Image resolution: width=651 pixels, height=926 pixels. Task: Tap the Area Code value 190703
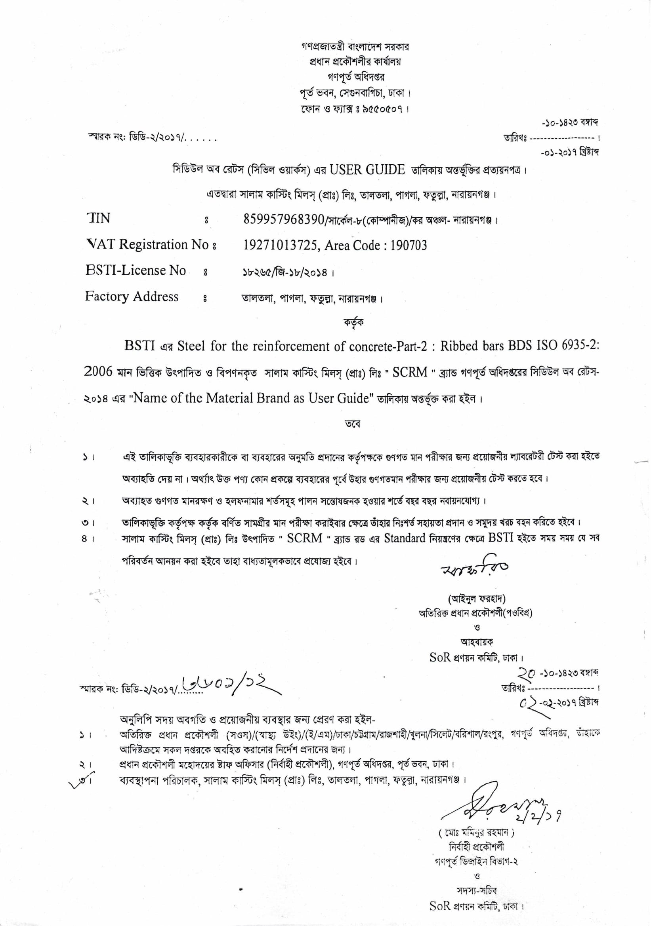409,245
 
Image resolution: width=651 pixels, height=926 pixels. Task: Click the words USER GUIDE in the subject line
367,170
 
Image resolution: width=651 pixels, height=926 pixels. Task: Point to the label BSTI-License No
136,270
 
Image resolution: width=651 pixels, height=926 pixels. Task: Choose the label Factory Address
132,297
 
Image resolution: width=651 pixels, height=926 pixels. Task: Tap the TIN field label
98,218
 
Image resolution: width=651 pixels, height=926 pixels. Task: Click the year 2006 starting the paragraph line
98,372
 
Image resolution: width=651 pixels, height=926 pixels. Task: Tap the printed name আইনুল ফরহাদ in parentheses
476,599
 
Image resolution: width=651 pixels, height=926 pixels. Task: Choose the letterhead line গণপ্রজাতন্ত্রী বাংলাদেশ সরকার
355,47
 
